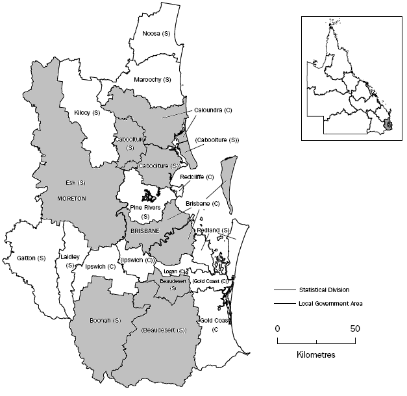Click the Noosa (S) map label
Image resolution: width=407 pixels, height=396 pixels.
151,33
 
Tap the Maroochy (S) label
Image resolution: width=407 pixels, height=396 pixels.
152,79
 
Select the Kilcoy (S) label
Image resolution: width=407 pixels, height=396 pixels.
87,112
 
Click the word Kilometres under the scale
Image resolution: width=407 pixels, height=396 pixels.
315,355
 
